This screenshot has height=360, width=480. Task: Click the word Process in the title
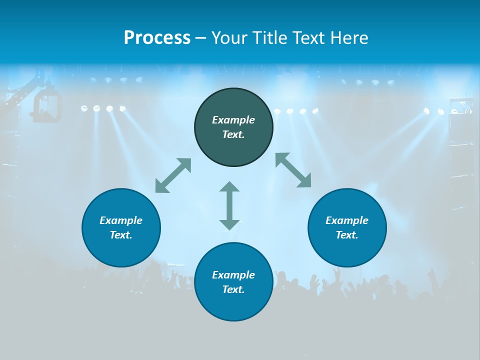pyautogui.click(x=157, y=38)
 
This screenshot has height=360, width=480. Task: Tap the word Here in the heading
pyautogui.click(x=349, y=38)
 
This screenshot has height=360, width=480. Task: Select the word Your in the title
pyautogui.click(x=229, y=38)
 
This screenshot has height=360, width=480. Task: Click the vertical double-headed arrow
pyautogui.click(x=229, y=205)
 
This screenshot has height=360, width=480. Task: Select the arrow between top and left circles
pyautogui.click(x=173, y=175)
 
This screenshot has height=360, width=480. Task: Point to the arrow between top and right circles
pyautogui.click(x=293, y=170)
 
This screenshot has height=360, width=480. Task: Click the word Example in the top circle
pyautogui.click(x=233, y=120)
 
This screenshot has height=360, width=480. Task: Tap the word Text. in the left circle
pyautogui.click(x=121, y=235)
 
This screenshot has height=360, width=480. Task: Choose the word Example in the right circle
pyautogui.click(x=347, y=220)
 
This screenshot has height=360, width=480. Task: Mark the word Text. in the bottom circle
pyautogui.click(x=233, y=289)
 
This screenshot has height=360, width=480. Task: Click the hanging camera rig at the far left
pyautogui.click(x=46, y=104)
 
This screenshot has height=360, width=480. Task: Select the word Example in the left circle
pyautogui.click(x=121, y=220)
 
